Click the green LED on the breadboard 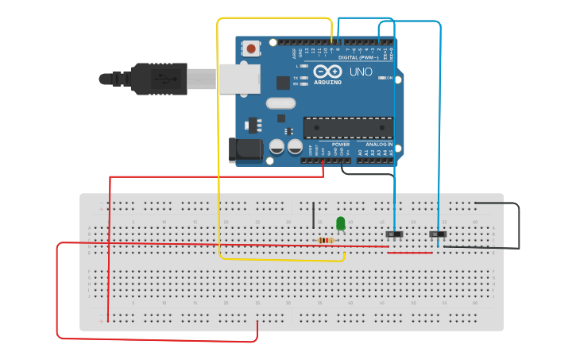341,223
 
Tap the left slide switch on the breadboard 395,234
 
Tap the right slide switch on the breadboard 438,234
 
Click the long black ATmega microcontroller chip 348,128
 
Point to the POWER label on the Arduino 329,144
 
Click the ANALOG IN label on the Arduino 379,144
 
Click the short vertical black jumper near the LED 313,215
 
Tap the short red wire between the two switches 410,253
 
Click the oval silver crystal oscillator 280,103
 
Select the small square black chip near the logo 283,82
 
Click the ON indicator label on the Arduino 389,78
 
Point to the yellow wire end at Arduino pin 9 331,41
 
